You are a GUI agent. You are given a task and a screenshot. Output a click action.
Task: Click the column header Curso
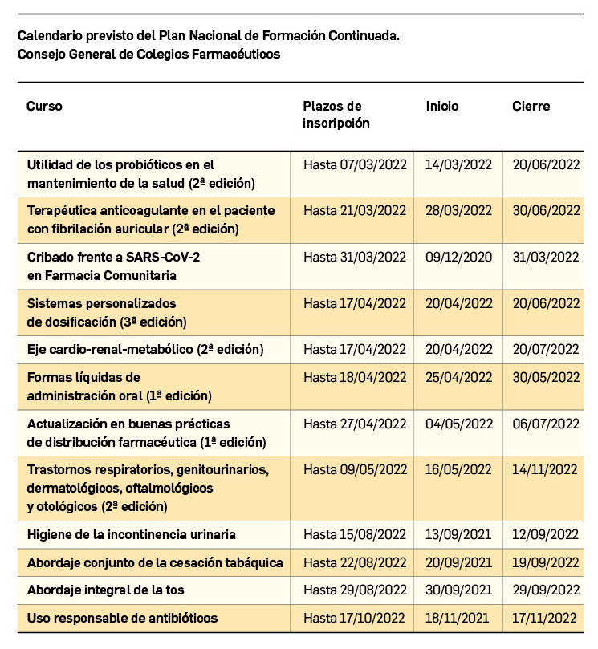click(44, 106)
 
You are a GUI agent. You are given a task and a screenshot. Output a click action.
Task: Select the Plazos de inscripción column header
click(336, 114)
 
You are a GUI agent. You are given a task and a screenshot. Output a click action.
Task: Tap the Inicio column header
click(442, 106)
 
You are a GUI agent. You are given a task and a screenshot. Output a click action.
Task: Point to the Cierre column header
click(531, 106)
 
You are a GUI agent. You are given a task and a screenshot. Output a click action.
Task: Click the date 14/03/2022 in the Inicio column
click(458, 164)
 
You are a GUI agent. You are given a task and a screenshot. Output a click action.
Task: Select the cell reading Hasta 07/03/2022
click(355, 164)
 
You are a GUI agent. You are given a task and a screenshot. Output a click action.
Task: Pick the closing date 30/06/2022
click(546, 210)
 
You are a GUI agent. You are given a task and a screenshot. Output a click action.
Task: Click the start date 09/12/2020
click(458, 257)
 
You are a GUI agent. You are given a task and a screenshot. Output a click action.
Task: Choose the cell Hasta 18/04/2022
click(355, 377)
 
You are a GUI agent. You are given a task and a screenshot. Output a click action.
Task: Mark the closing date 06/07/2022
click(546, 423)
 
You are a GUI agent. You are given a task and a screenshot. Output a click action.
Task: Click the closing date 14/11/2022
click(546, 469)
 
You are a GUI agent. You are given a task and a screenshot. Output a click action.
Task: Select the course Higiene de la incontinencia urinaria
click(131, 534)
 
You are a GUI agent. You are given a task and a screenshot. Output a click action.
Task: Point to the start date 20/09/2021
click(458, 562)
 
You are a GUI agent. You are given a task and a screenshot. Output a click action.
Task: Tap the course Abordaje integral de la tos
click(105, 590)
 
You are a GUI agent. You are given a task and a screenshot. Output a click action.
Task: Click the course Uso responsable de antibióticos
click(122, 618)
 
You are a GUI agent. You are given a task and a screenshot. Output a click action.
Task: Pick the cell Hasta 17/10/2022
click(355, 618)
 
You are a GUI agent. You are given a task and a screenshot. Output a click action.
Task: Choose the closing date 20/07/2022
click(546, 349)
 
